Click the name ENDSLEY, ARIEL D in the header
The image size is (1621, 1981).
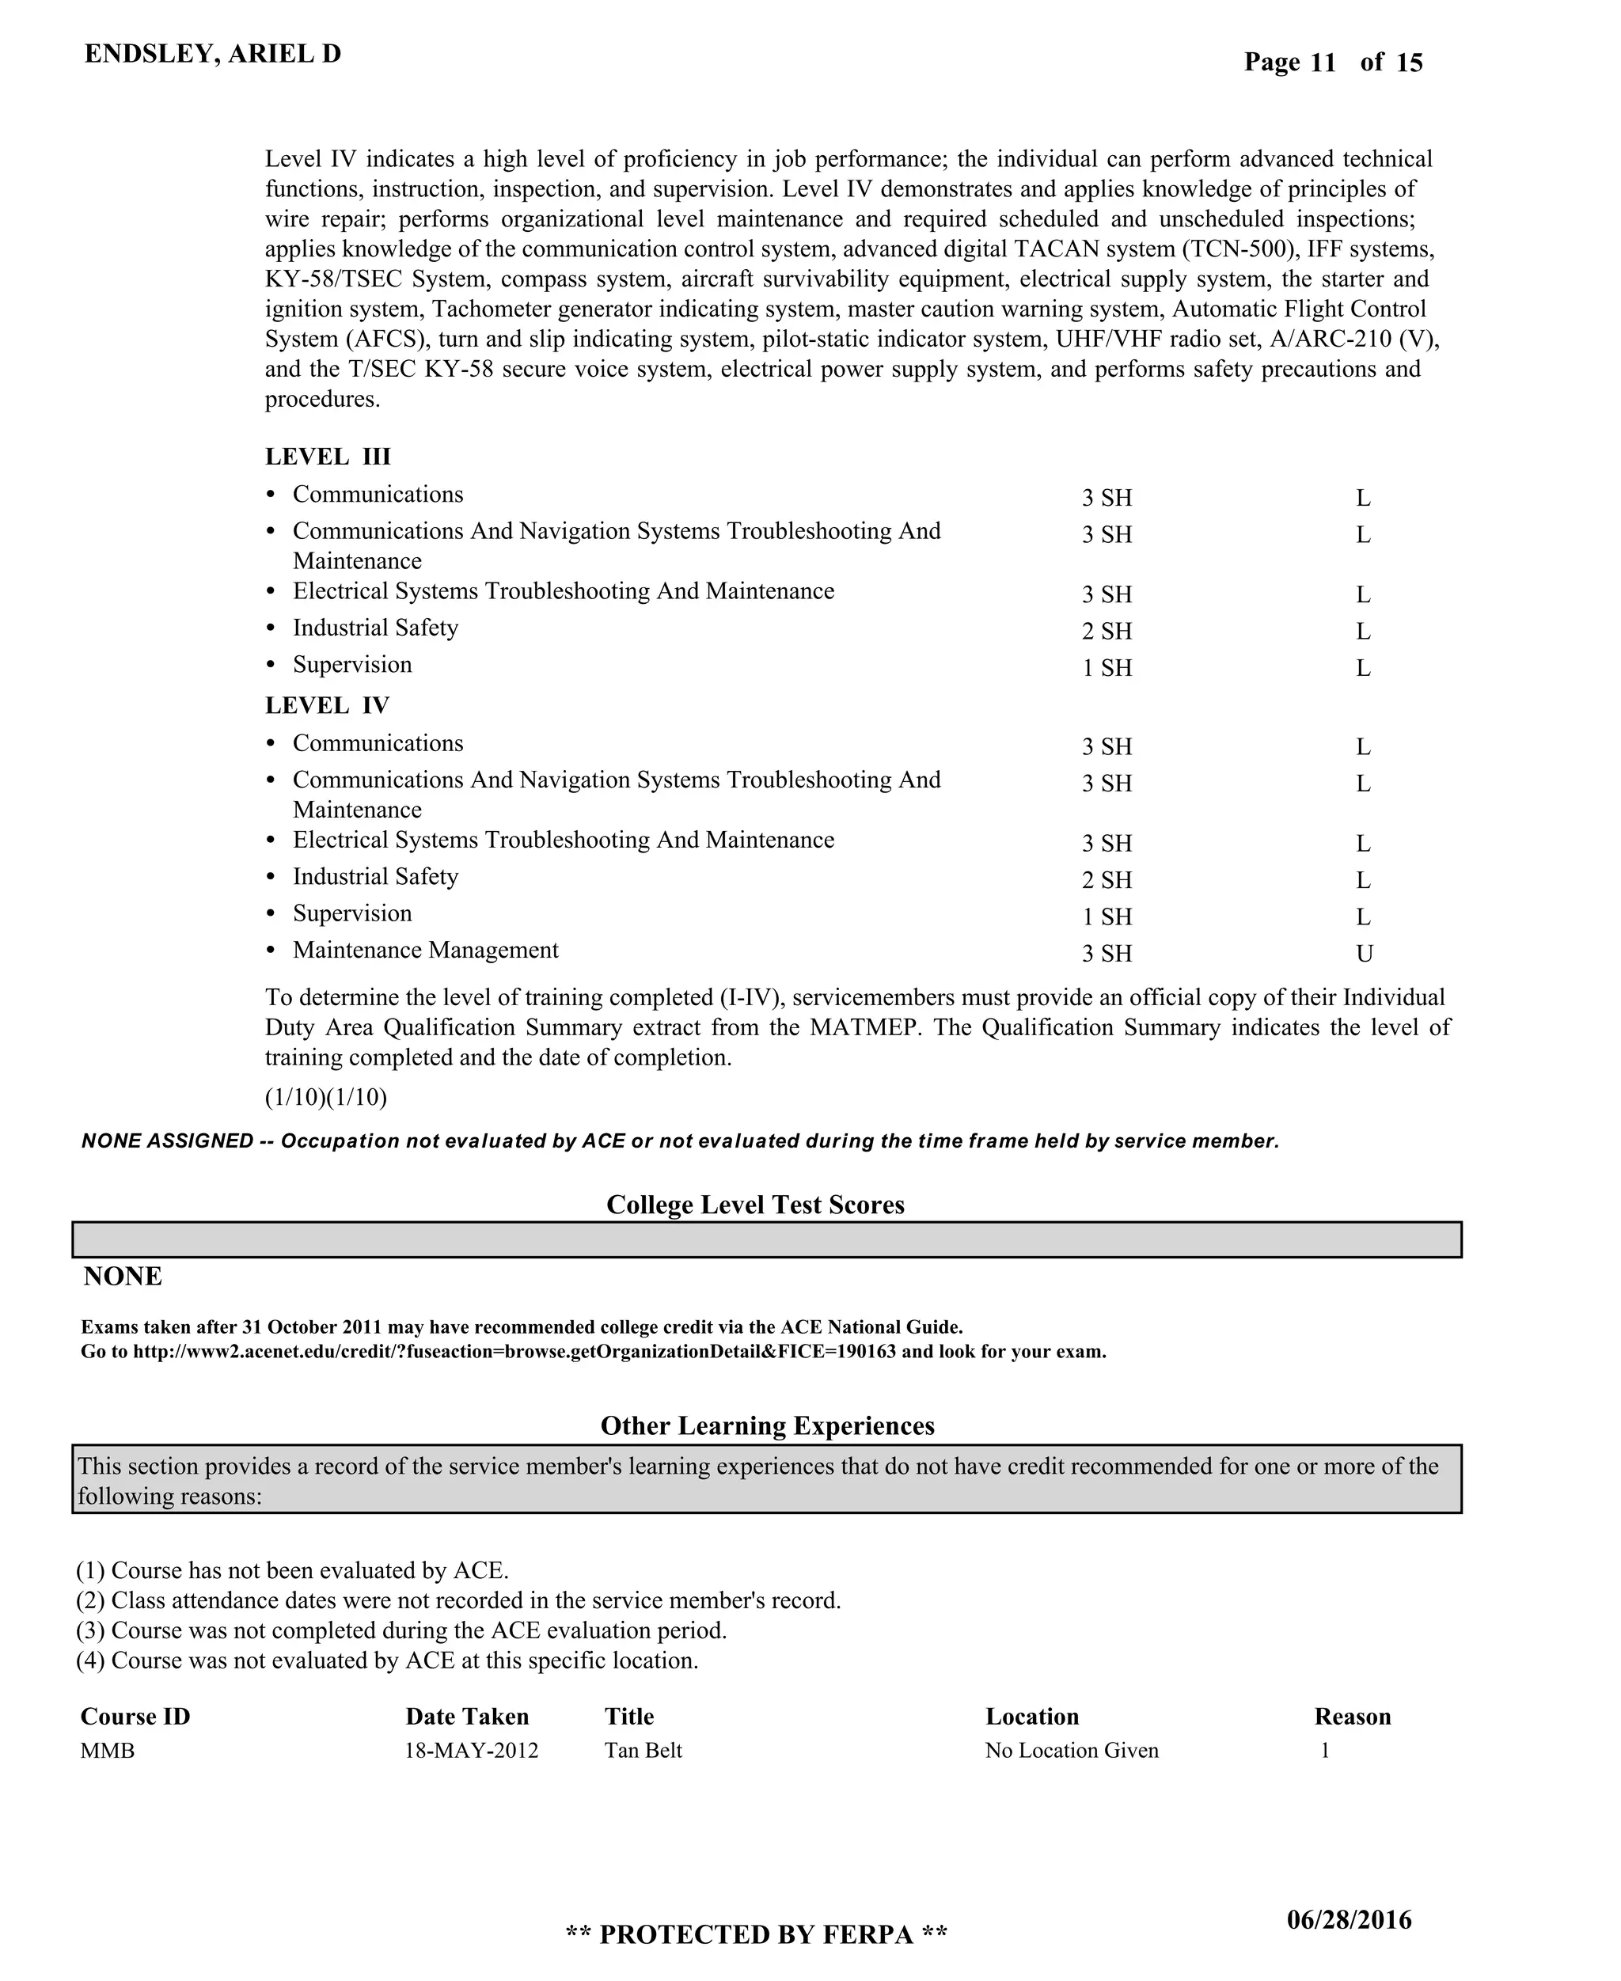(213, 54)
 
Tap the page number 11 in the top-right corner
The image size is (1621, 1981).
(1323, 63)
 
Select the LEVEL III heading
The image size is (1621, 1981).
(328, 457)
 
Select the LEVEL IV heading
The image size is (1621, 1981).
(327, 706)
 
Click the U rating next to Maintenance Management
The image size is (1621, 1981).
(1365, 953)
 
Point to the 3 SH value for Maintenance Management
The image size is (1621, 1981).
(1107, 953)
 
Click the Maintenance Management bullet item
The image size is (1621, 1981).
(425, 950)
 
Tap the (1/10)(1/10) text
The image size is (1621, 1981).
(326, 1096)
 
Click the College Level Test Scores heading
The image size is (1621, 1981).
(755, 1205)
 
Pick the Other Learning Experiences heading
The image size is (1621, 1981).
(767, 1425)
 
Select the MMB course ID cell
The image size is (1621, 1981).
(108, 1751)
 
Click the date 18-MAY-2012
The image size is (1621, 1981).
(472, 1751)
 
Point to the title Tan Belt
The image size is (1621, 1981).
(643, 1751)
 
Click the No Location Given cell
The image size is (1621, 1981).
(1072, 1751)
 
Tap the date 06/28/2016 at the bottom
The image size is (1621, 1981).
(1350, 1919)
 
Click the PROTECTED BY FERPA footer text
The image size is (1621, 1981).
(757, 1934)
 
